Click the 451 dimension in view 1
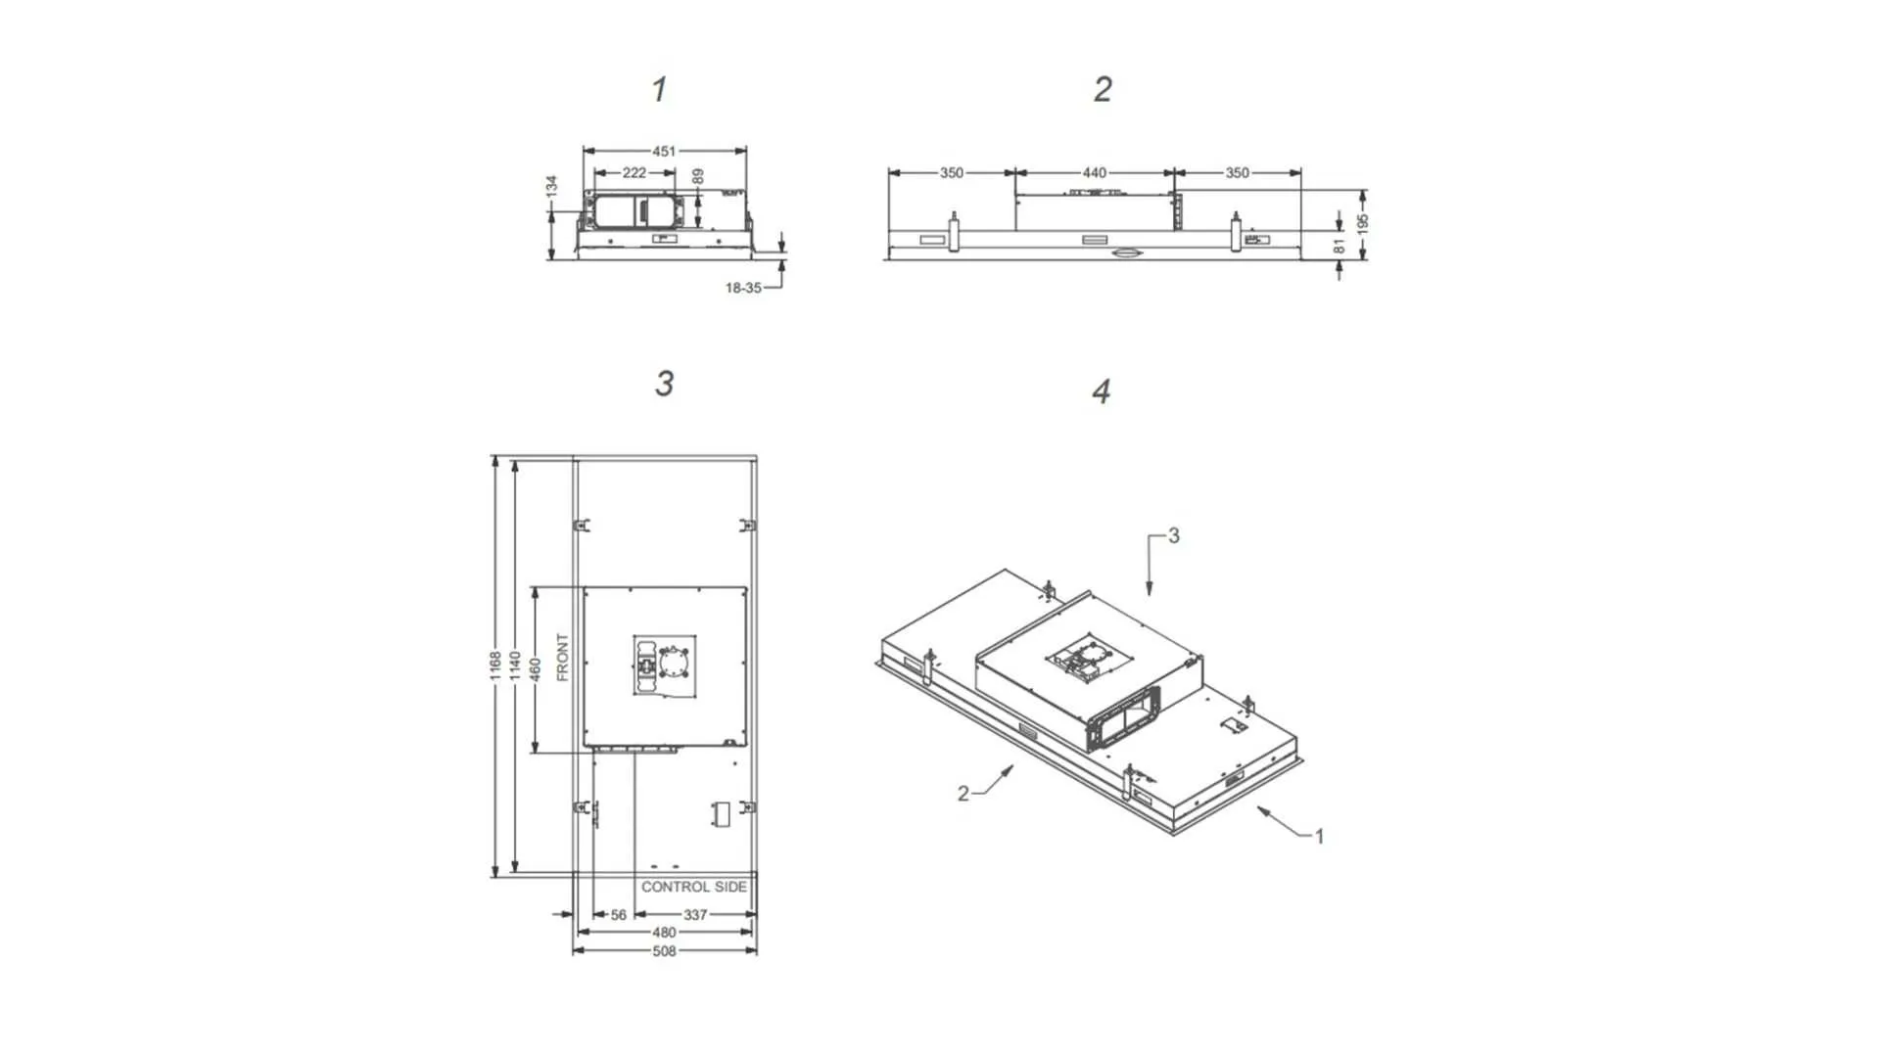click(x=664, y=152)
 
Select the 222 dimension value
click(x=634, y=173)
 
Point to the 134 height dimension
click(x=552, y=185)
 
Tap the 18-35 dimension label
click(x=742, y=288)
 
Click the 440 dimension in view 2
click(x=1094, y=173)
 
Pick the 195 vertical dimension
click(x=1362, y=222)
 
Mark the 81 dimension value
click(x=1339, y=246)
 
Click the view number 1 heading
click(x=659, y=90)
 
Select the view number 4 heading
click(x=1101, y=392)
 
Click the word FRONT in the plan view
click(x=562, y=657)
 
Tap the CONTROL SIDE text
click(x=693, y=887)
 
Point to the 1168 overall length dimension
click(x=495, y=665)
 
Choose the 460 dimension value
click(x=535, y=668)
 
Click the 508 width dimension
click(x=664, y=950)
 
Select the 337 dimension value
click(x=695, y=915)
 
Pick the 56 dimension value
click(x=619, y=915)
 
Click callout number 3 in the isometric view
click(x=1173, y=536)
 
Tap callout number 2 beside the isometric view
click(x=963, y=794)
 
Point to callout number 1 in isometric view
click(x=1319, y=836)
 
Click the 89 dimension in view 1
click(x=698, y=177)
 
